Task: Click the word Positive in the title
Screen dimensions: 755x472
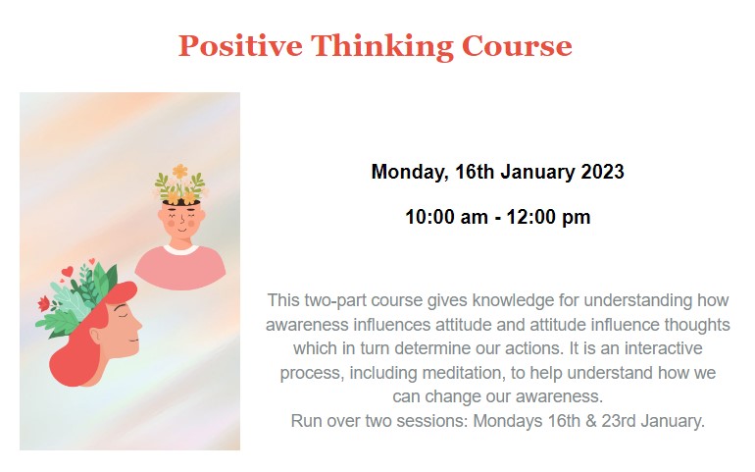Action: coord(240,46)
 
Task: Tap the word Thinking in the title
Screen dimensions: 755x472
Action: coord(381,47)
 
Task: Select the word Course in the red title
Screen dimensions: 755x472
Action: coord(517,46)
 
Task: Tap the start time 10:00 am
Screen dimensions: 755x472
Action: coord(446,217)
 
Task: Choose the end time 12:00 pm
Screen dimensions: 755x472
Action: coord(548,218)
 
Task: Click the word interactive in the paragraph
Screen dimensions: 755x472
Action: coord(663,348)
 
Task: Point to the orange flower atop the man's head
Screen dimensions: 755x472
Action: coord(180,171)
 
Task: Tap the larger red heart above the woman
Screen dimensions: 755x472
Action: coord(68,272)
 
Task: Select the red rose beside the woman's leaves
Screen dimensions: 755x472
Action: coord(43,303)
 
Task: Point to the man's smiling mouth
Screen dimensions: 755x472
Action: coord(181,229)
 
